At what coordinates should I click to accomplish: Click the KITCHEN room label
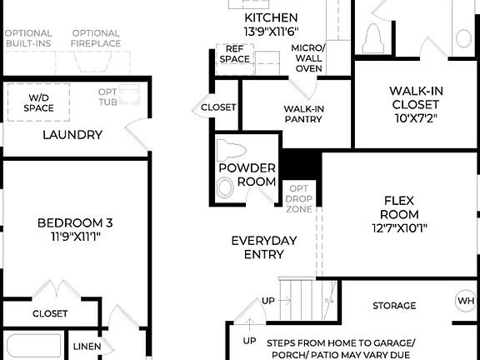click(x=271, y=17)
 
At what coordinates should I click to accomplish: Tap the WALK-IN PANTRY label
click(x=304, y=114)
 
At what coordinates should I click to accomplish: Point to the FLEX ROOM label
click(x=399, y=201)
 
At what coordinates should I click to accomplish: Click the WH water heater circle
click(x=465, y=301)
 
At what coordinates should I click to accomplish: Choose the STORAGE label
click(x=394, y=306)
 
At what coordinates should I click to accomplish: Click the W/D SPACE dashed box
click(x=38, y=102)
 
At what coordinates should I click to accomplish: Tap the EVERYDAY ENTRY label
click(x=263, y=247)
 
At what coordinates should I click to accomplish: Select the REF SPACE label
click(x=234, y=54)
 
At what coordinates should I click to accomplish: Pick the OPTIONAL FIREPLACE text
click(x=95, y=38)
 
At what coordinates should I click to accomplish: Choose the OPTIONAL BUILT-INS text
click(x=28, y=38)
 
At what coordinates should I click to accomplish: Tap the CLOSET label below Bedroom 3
click(x=50, y=314)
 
